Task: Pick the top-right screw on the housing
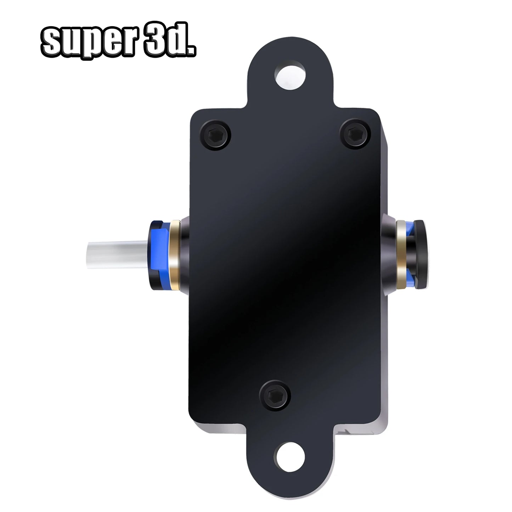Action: [x=354, y=134]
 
